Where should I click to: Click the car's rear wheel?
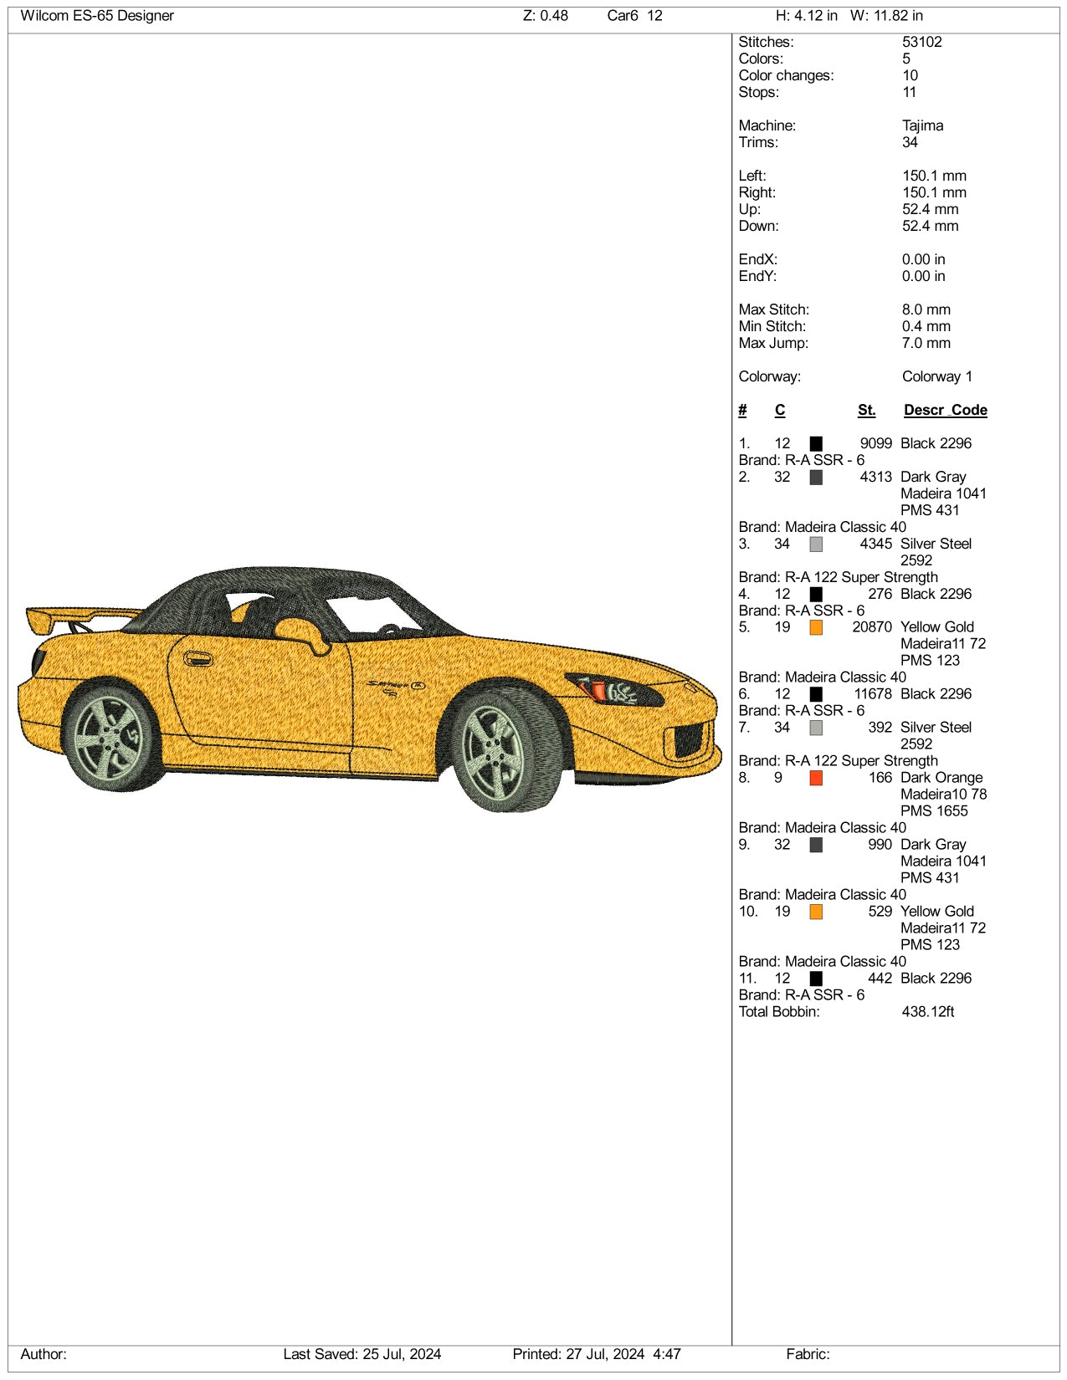[112, 738]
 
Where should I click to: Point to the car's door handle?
[197, 659]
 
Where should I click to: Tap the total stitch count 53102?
[921, 42]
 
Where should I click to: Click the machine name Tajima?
[922, 125]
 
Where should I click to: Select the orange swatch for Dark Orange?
[816, 778]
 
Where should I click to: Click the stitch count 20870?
[872, 627]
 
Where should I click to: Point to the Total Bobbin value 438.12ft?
[927, 1012]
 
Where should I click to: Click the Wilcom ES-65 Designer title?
[97, 16]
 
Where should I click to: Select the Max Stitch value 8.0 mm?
[926, 309]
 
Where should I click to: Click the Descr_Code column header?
[945, 410]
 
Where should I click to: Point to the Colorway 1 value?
[936, 376]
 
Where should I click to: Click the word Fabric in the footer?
[807, 1354]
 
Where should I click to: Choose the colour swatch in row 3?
[816, 544]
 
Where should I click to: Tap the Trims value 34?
[910, 142]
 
